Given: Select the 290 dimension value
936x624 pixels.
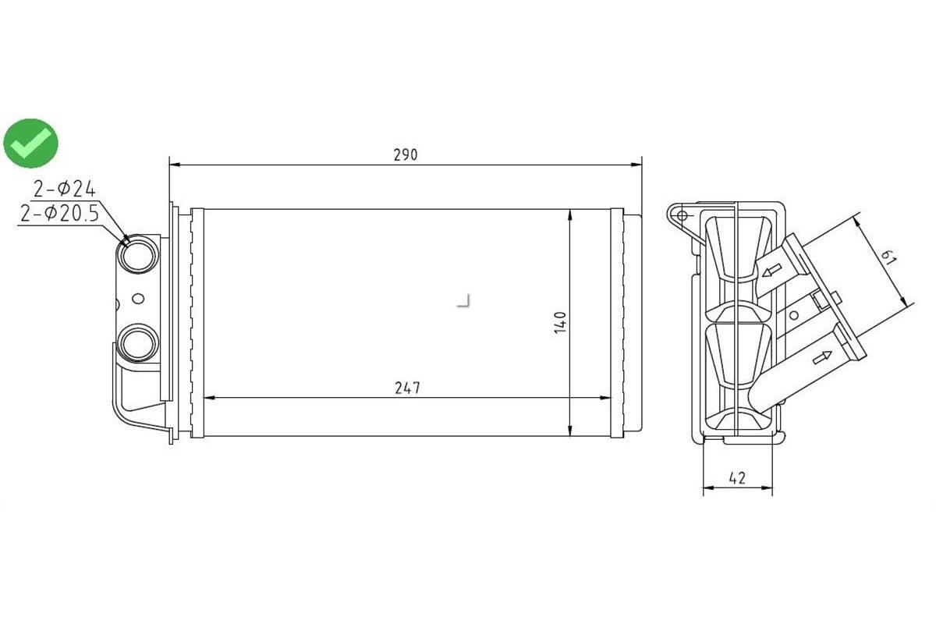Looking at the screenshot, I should [405, 154].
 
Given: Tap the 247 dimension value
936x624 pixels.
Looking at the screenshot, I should [407, 388].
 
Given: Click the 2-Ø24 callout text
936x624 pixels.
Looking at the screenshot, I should [64, 188].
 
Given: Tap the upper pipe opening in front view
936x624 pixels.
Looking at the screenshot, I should [138, 254].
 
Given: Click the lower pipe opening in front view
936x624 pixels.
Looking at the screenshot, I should [138, 343].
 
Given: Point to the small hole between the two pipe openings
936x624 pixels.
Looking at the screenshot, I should [139, 298].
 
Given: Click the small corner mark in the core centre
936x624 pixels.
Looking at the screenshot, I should [465, 301].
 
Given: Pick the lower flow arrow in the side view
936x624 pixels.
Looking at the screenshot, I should [821, 357].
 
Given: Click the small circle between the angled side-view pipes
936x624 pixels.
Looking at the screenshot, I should [794, 315].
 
